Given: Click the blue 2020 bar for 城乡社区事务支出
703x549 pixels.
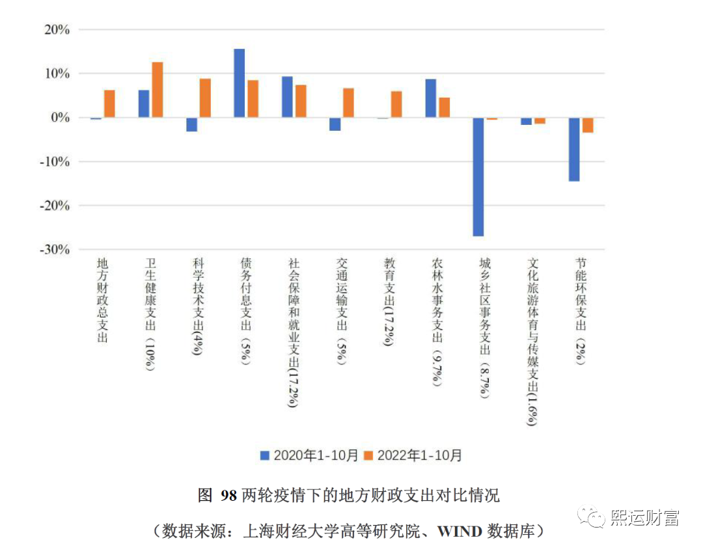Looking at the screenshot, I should pyautogui.click(x=478, y=176).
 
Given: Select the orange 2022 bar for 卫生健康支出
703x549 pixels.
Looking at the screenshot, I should pyautogui.click(x=158, y=90).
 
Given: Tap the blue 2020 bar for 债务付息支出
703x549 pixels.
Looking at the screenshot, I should pyautogui.click(x=240, y=83).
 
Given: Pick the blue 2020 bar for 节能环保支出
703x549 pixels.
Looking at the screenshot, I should pyautogui.click(x=574, y=149).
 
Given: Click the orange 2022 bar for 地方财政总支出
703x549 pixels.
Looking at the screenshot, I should pyautogui.click(x=109, y=103).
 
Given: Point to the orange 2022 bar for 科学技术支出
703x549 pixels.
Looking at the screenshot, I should pyautogui.click(x=205, y=98).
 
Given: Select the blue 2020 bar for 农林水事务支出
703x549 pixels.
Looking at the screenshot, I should pyautogui.click(x=431, y=98).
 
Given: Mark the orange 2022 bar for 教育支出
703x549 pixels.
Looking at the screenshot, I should pyautogui.click(x=396, y=104).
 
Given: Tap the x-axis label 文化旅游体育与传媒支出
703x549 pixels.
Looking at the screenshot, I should pyautogui.click(x=532, y=341).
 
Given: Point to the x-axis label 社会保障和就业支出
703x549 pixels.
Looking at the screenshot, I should pyautogui.click(x=294, y=332).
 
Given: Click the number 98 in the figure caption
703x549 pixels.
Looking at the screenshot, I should pyautogui.click(x=228, y=496).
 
